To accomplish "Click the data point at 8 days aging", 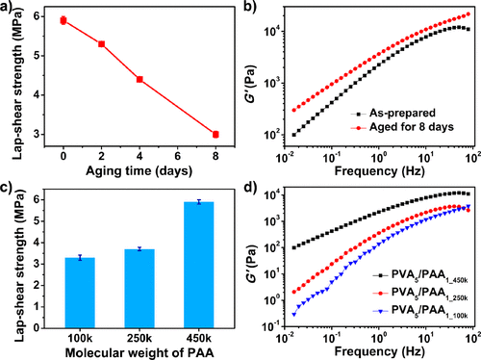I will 215,134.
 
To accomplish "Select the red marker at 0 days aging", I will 63,19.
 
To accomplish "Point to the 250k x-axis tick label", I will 139,333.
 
